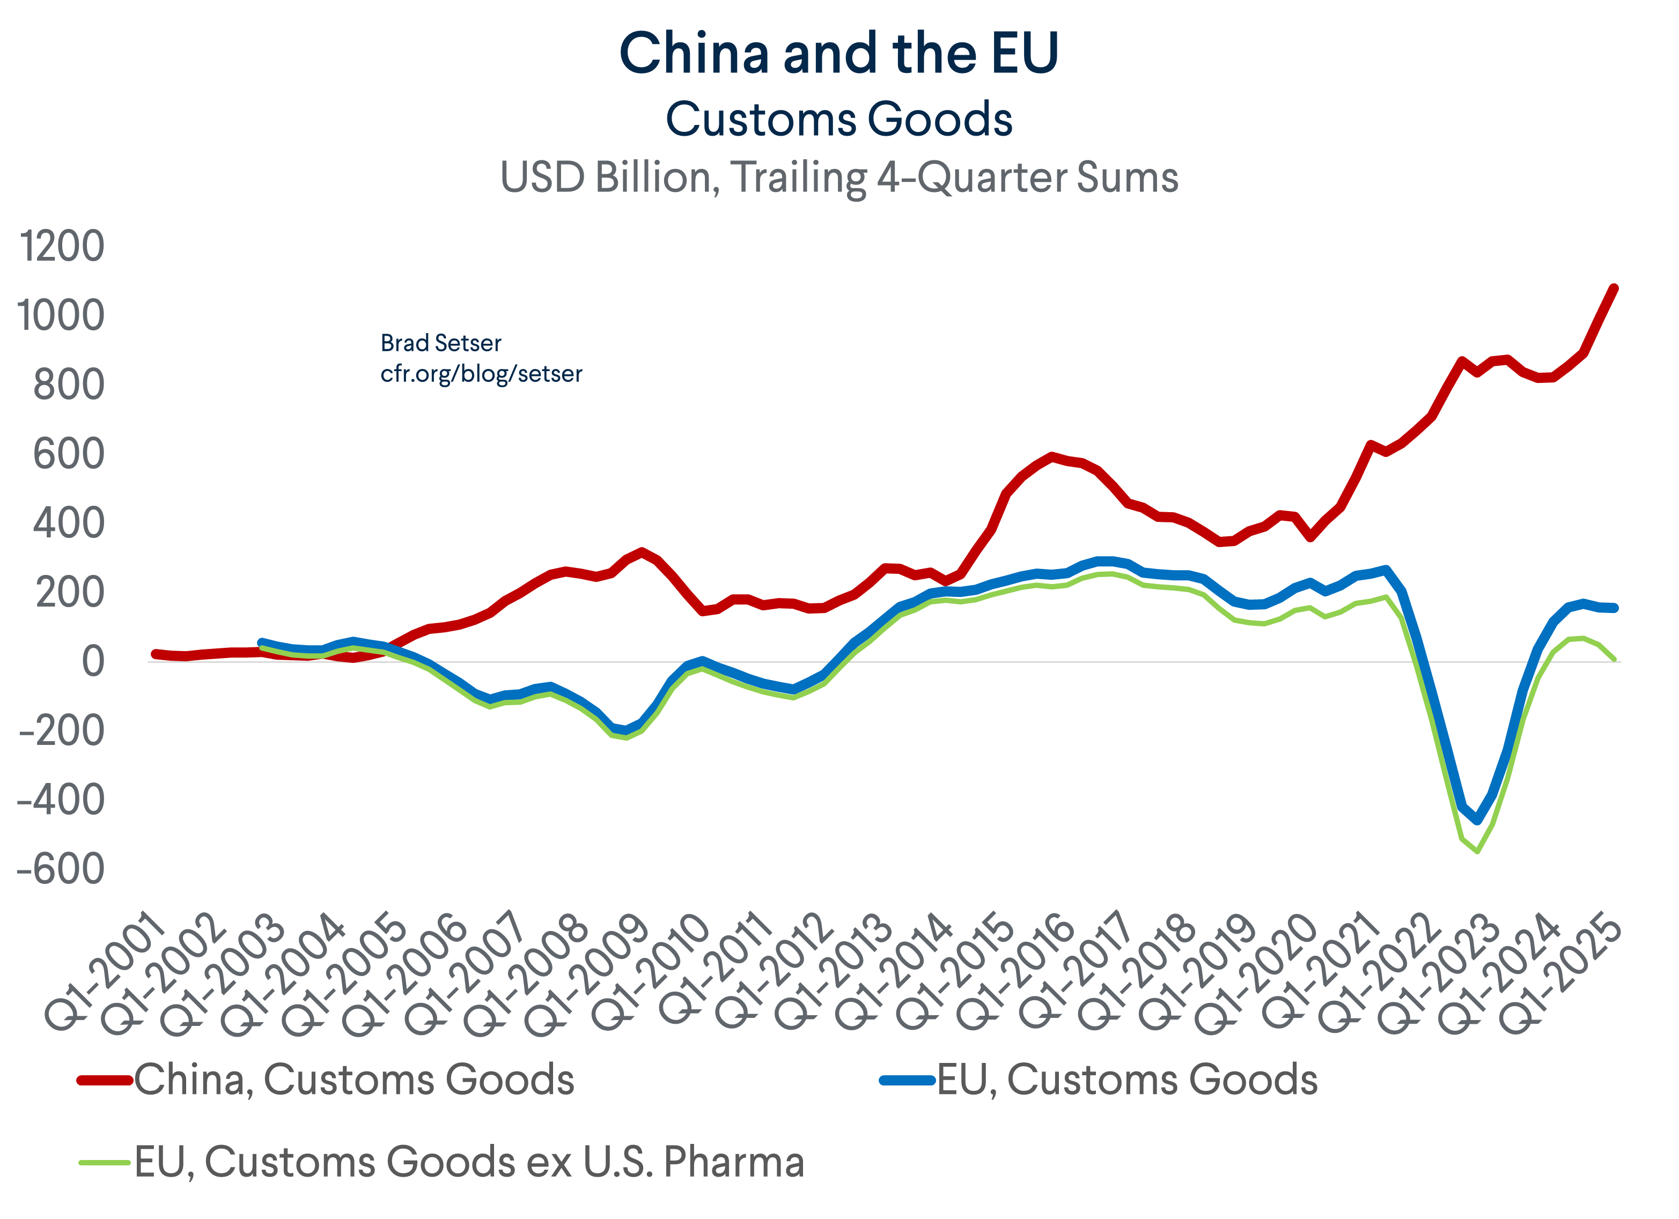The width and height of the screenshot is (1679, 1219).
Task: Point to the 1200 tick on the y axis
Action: tap(62, 247)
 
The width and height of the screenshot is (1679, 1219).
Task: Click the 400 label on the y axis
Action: tap(68, 523)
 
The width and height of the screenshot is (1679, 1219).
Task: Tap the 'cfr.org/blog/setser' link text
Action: tap(481, 374)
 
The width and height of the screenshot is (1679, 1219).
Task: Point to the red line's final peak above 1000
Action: tap(1615, 288)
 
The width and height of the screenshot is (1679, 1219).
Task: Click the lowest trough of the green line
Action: tap(1478, 851)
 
